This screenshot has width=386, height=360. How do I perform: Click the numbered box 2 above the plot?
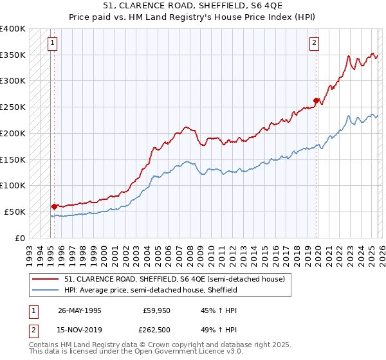point(314,44)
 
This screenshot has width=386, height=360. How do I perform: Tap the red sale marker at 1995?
point(53,206)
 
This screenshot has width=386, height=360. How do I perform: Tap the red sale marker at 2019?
point(316,100)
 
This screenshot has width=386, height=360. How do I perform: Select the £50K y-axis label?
point(15,212)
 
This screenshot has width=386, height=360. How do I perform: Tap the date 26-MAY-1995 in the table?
point(79,310)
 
